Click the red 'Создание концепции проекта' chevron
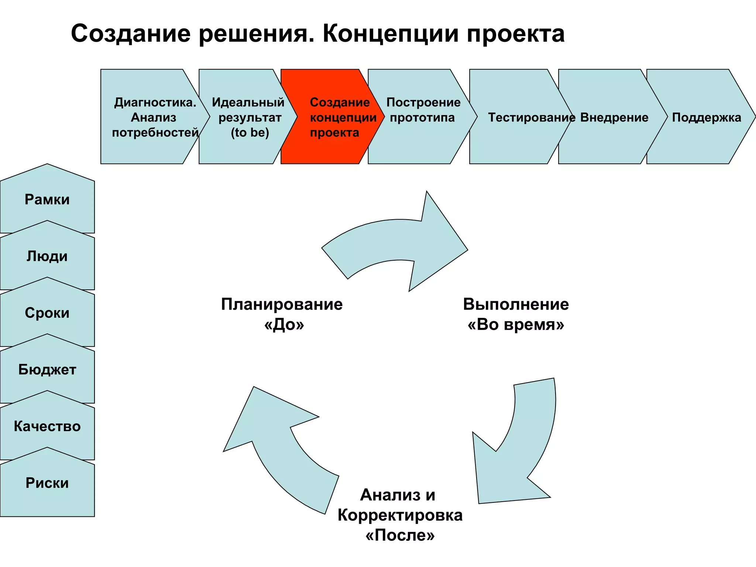(x=332, y=117)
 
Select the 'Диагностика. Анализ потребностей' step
(x=154, y=117)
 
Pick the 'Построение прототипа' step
(x=423, y=111)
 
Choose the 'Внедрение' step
(x=614, y=117)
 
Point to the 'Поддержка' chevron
(x=706, y=117)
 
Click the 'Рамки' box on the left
(x=47, y=200)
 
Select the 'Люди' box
(x=47, y=256)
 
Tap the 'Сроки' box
(x=47, y=313)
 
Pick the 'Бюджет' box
(x=47, y=370)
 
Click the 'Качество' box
(x=47, y=426)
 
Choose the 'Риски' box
(x=47, y=483)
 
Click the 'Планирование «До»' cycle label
(x=282, y=314)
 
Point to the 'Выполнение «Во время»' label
(x=516, y=314)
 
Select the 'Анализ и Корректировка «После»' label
(x=400, y=515)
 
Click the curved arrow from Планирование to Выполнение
(x=402, y=240)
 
